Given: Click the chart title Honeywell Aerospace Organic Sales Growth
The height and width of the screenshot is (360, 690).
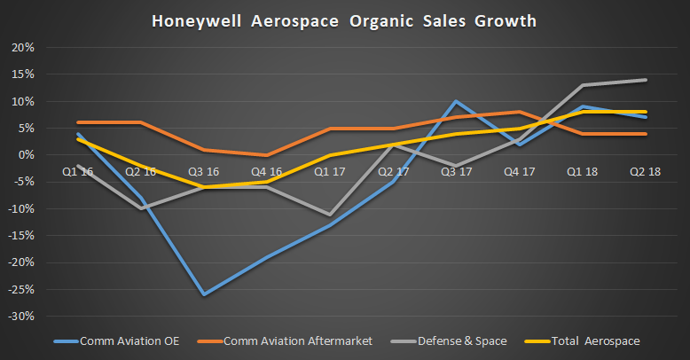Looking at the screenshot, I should pos(346,20).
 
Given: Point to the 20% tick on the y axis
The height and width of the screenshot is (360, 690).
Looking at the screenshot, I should pos(22,47).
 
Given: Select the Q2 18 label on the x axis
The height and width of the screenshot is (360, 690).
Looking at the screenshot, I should pos(645,171).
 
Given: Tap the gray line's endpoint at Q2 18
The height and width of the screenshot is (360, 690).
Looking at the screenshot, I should pos(645,80).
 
